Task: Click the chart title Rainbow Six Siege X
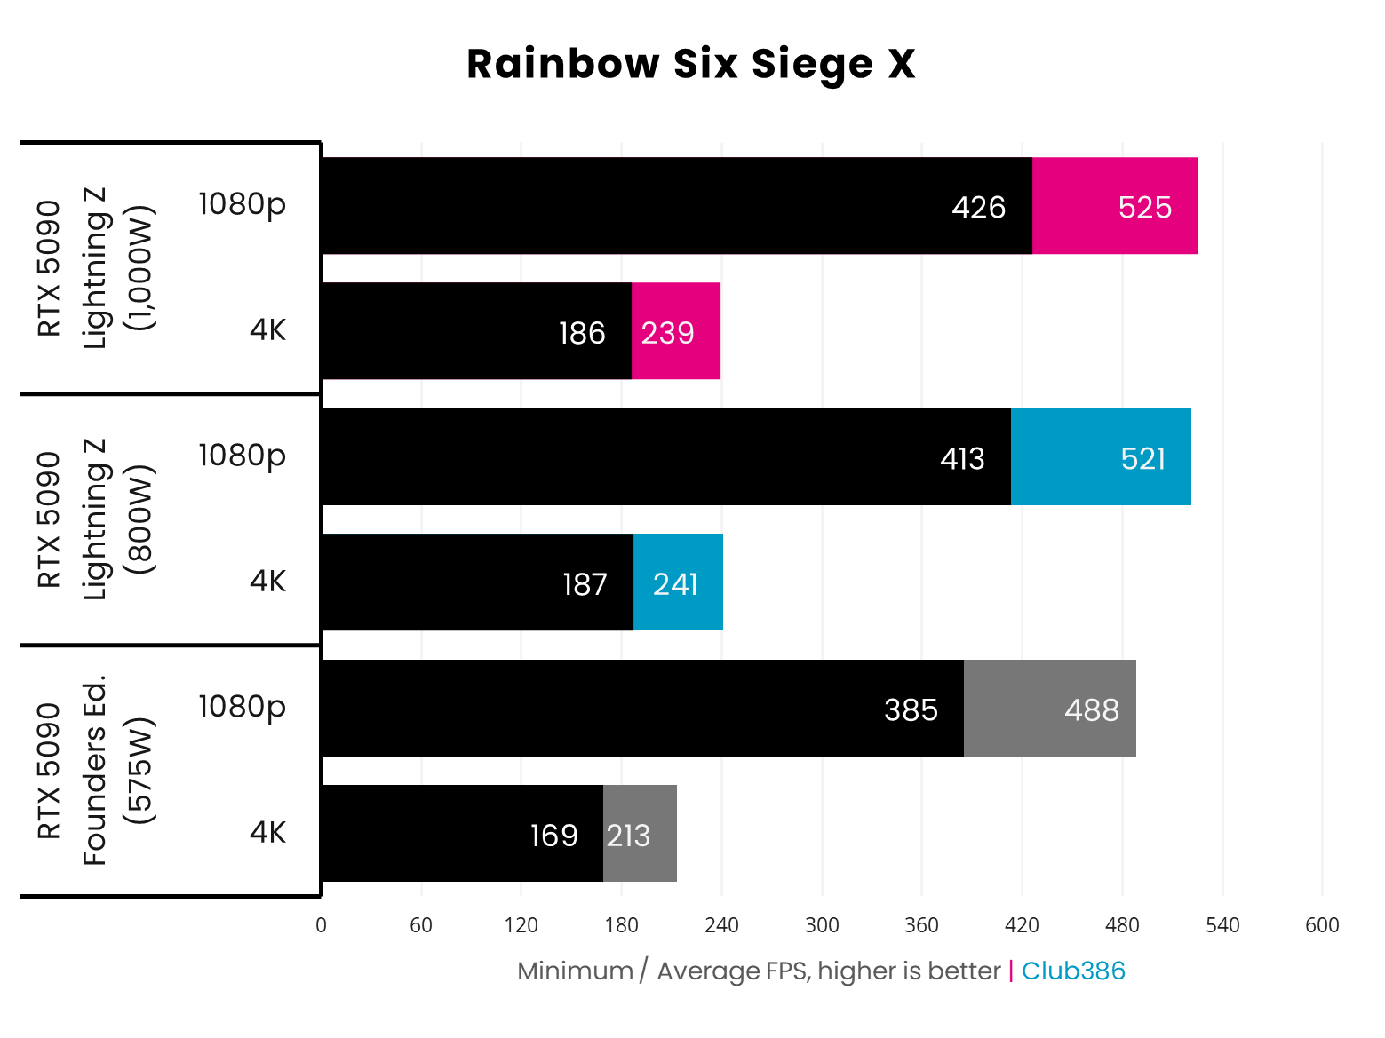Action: [690, 64]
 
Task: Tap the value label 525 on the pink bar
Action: [1144, 207]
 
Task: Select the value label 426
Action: [978, 207]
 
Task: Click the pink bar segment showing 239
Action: [676, 332]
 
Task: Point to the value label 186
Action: [582, 333]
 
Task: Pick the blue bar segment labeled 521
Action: [1101, 458]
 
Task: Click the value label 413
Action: [962, 458]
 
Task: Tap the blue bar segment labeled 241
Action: [678, 583]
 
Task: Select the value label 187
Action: [585, 584]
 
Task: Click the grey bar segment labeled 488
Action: [1050, 709]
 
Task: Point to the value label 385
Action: [911, 709]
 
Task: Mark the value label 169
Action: [553, 836]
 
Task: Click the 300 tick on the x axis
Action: [822, 925]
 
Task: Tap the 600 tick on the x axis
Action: [1322, 925]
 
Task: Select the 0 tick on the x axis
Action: [321, 925]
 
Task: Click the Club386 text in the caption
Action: [1073, 971]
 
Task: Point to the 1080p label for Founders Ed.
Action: [242, 706]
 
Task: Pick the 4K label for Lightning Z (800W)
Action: [267, 581]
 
